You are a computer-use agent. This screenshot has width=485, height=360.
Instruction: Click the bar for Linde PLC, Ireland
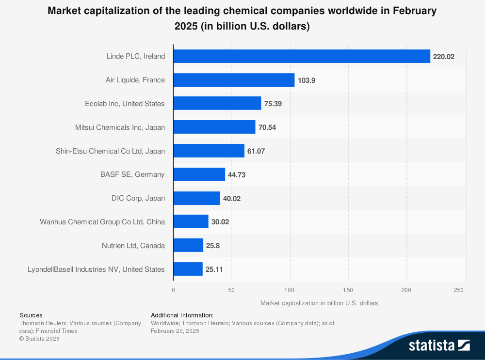coord(302,56)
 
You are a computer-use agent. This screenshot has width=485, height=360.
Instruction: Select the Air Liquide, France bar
coord(234,80)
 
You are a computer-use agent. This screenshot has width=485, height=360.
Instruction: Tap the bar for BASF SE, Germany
coord(199,174)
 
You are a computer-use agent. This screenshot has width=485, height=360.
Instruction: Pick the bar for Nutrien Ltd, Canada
coord(188,245)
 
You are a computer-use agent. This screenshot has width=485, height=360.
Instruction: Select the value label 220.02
coord(443,57)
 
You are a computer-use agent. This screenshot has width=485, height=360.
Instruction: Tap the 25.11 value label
coord(214,269)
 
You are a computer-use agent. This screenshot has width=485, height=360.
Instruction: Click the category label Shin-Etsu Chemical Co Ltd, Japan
coord(110,151)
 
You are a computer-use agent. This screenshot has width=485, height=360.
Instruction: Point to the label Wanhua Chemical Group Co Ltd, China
coord(102,222)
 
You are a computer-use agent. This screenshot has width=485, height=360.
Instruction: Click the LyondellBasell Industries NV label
coord(96,269)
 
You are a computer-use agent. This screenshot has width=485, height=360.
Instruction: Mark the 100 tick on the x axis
coord(290,290)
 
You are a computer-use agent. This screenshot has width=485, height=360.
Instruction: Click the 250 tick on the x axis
coord(459,290)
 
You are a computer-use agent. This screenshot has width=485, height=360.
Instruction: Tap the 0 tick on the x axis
coord(173,290)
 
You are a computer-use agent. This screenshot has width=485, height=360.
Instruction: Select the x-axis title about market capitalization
coord(319,303)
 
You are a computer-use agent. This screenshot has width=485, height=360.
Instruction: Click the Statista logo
coord(439,345)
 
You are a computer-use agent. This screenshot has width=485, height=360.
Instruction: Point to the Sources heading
coord(31,315)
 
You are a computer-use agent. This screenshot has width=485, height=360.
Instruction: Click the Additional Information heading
coord(182,315)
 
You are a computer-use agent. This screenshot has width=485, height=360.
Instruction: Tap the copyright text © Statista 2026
coord(39,339)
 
